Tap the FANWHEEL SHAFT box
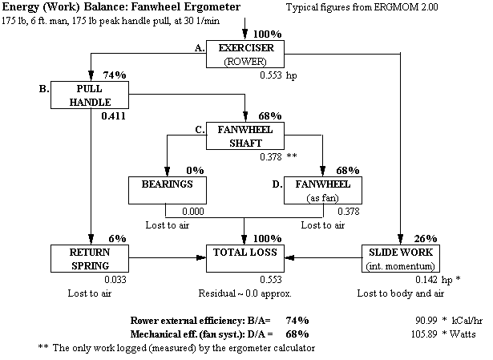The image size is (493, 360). pos(244,136)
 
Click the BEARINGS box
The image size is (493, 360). pos(167,190)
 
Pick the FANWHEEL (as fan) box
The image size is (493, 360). pos(322,190)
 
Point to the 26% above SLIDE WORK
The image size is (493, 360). pos(426,238)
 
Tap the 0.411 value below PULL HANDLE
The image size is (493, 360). pos(115,116)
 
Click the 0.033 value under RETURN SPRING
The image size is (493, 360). pos(115,279)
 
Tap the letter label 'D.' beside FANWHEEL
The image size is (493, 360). pos(277,184)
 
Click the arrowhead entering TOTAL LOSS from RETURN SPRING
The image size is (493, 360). pos(201,258)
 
